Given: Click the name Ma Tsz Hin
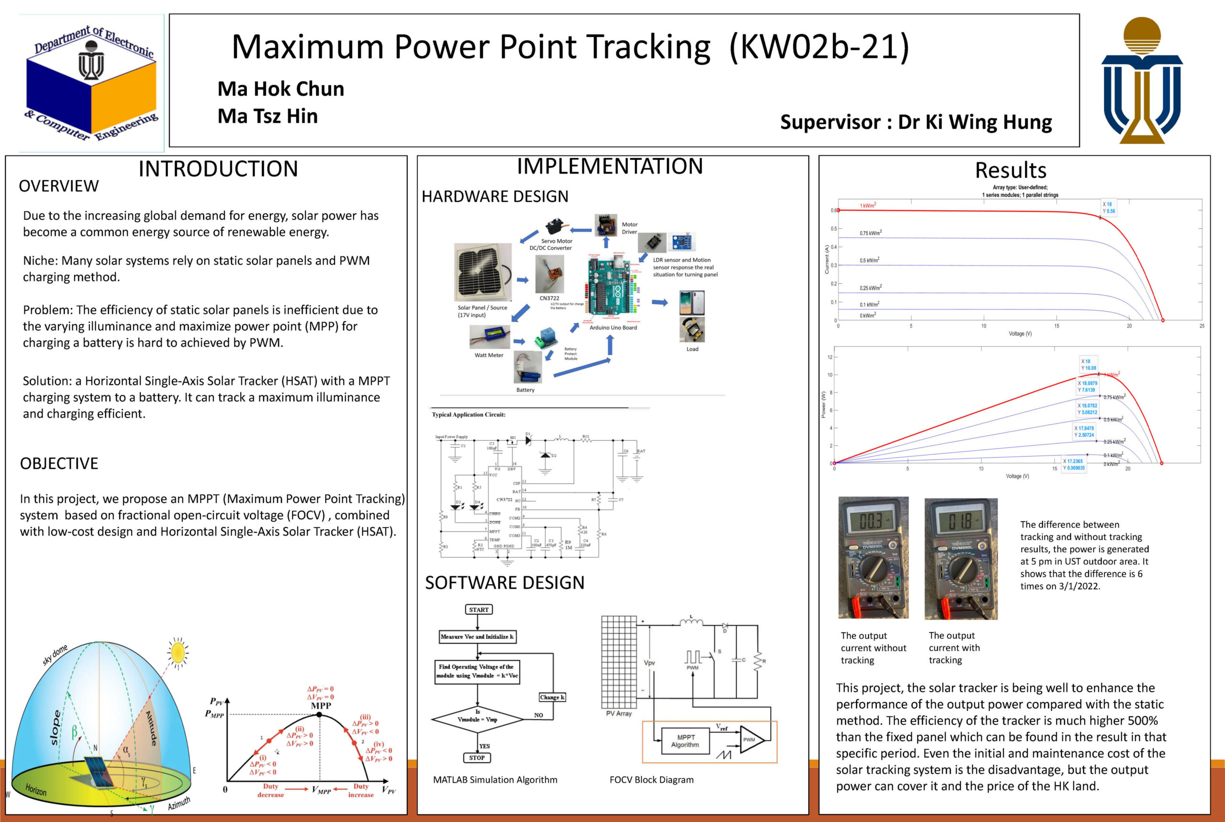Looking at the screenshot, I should pyautogui.click(x=267, y=116).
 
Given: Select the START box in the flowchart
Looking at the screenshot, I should pyautogui.click(x=479, y=609).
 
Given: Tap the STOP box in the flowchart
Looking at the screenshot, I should pyautogui.click(x=477, y=757).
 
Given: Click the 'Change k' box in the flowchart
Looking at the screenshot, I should pyautogui.click(x=552, y=697).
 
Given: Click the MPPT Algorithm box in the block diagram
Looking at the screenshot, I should pyautogui.click(x=685, y=741).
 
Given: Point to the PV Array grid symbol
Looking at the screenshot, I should pyautogui.click(x=619, y=662).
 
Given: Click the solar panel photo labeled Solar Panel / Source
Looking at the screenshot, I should pyautogui.click(x=482, y=272).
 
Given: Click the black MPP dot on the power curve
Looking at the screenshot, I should pyautogui.click(x=319, y=714).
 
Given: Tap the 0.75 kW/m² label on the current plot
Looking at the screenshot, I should pyautogui.click(x=870, y=233).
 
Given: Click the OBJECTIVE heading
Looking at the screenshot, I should pyautogui.click(x=59, y=464).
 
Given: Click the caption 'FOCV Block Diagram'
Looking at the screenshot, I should pyautogui.click(x=651, y=779).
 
